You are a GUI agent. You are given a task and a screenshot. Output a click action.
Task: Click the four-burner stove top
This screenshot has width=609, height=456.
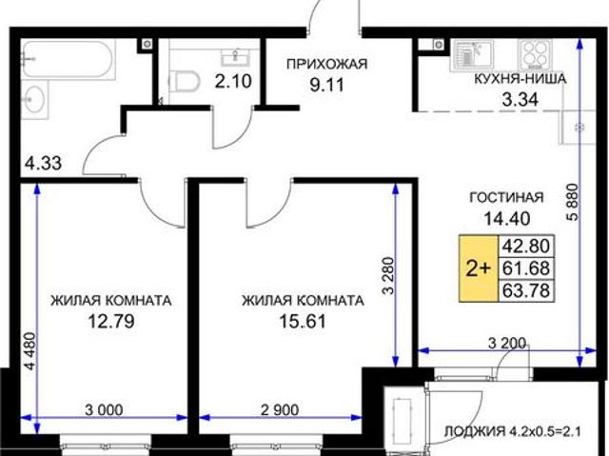coord(535,51)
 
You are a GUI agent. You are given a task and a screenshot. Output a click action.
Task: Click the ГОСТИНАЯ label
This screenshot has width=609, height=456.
coord(506,198)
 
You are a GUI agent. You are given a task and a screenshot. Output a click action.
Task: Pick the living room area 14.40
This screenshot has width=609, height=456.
coord(506,218)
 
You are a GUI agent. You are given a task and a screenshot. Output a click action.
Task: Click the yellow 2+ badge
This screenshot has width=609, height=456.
coord(477,268)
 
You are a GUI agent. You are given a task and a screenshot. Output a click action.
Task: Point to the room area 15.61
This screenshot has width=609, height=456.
coord(303,321)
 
